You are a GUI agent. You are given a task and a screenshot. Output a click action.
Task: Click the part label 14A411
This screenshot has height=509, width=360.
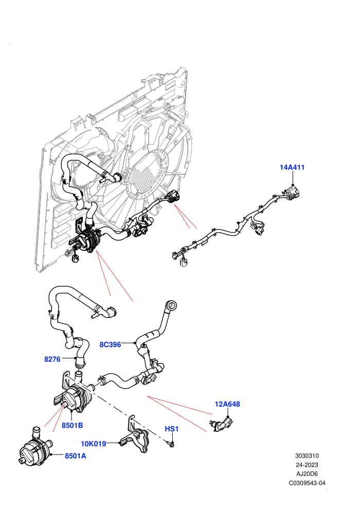[292, 168]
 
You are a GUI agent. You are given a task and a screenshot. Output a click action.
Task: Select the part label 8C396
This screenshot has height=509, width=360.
[110, 344]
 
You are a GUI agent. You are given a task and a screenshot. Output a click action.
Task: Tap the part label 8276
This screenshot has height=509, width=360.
[52, 359]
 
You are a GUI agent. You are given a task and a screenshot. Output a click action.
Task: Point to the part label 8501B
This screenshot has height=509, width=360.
[72, 425]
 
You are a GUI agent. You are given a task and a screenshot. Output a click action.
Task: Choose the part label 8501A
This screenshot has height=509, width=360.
[75, 456]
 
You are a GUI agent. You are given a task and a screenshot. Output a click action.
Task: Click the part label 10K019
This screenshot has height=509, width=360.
[94, 444]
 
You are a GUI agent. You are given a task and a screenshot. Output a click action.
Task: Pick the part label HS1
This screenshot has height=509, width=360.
[172, 429]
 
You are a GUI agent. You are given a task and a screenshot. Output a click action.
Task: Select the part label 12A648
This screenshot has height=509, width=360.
[227, 404]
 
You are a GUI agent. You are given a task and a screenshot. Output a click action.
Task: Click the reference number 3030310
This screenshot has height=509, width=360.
[307, 456]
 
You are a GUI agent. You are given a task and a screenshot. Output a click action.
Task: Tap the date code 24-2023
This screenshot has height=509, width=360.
[307, 465]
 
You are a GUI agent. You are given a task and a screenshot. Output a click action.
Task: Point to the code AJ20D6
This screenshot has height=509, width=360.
[307, 474]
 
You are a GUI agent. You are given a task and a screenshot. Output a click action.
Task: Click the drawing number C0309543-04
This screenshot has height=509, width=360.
[307, 483]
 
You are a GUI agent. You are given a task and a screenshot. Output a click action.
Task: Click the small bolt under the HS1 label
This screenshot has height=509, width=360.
[171, 444]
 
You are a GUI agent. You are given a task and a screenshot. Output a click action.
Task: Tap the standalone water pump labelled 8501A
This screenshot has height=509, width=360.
[35, 446]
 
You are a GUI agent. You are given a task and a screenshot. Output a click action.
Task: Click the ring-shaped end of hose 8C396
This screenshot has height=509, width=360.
[172, 304]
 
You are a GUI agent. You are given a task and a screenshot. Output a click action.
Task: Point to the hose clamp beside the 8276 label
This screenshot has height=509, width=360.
[79, 363]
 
